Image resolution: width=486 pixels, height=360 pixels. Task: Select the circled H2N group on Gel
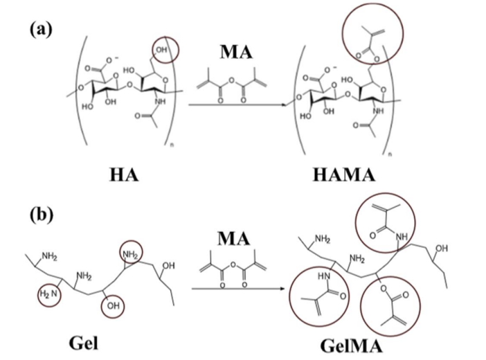coord(47,296)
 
